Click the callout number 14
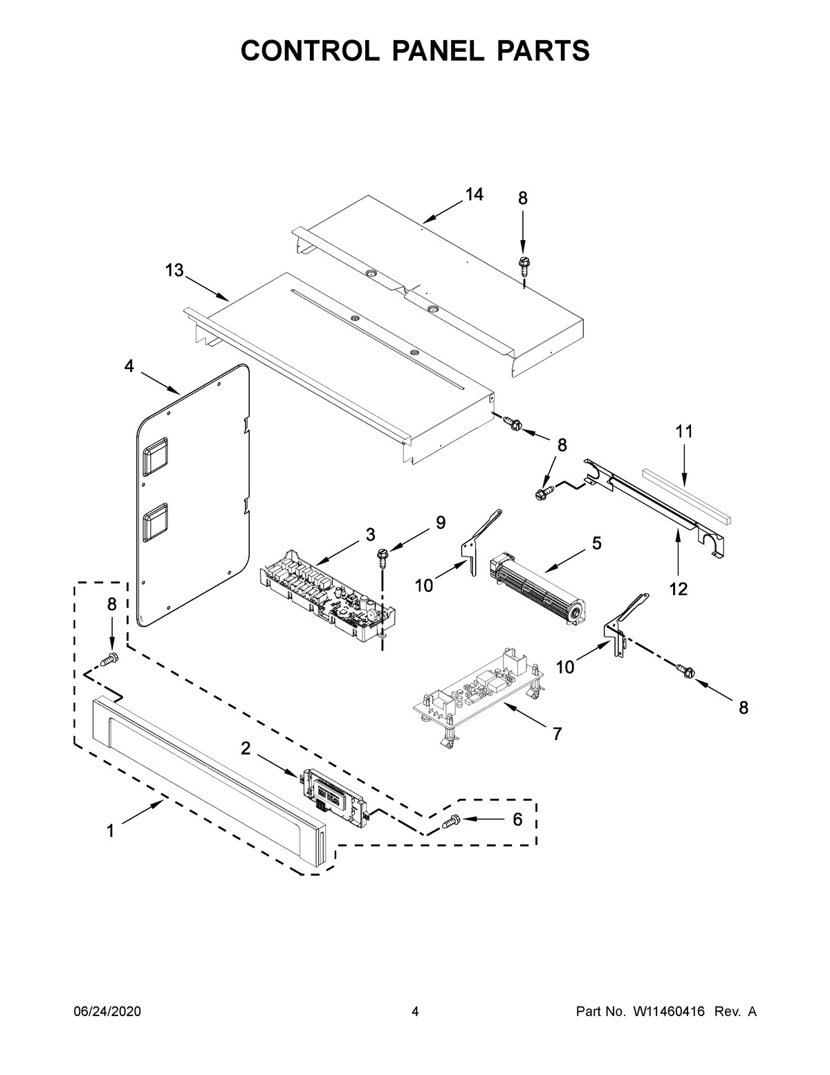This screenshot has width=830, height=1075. click(x=473, y=195)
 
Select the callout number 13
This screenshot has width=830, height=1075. click(x=174, y=270)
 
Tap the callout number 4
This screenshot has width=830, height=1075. click(x=129, y=366)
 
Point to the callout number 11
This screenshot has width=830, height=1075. click(x=683, y=432)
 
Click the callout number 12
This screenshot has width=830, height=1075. click(x=679, y=588)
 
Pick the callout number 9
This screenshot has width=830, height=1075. click(x=441, y=523)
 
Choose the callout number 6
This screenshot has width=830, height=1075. click(x=517, y=819)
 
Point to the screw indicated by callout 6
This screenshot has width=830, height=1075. click(x=451, y=822)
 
